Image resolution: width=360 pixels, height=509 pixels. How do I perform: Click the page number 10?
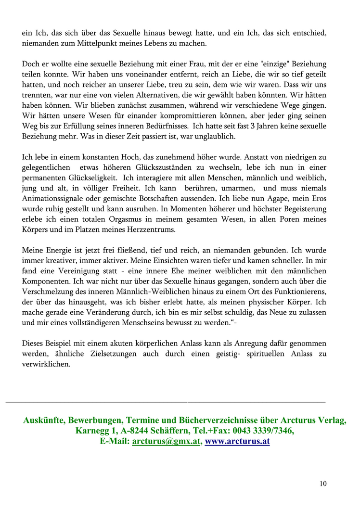322,484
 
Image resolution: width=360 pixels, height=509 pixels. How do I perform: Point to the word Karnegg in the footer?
93,431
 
